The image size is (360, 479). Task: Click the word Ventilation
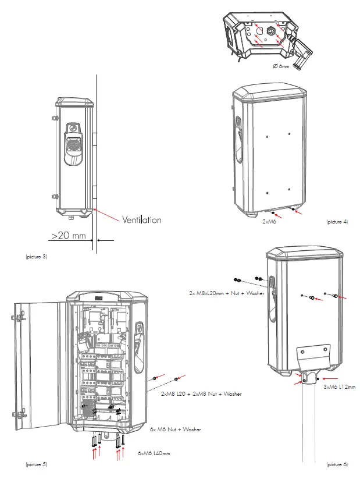(x=141, y=220)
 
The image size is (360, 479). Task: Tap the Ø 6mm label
(x=280, y=66)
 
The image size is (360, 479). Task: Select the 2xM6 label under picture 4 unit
(x=268, y=222)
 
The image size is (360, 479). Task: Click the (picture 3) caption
(x=35, y=257)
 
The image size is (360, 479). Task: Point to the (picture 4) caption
(x=337, y=222)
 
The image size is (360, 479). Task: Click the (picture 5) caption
(x=35, y=464)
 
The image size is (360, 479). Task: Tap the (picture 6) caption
(x=337, y=464)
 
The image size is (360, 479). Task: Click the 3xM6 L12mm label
(x=339, y=386)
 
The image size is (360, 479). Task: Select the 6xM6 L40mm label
(x=153, y=453)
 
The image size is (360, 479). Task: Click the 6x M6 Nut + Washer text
(x=175, y=430)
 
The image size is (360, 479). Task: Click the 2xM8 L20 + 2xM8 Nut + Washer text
(x=201, y=393)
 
